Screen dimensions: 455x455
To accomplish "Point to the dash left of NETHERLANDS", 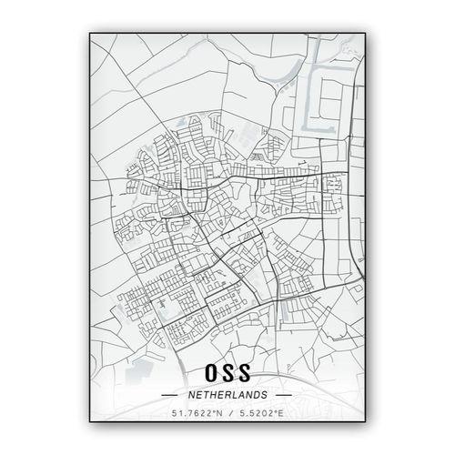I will [x=171, y=396].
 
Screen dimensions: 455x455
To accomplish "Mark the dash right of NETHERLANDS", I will [x=283, y=396].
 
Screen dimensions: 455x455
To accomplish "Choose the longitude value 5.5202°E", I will [x=259, y=416].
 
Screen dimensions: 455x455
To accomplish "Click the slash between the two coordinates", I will [x=227, y=416].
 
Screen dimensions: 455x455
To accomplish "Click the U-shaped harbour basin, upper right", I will [x=323, y=86].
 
